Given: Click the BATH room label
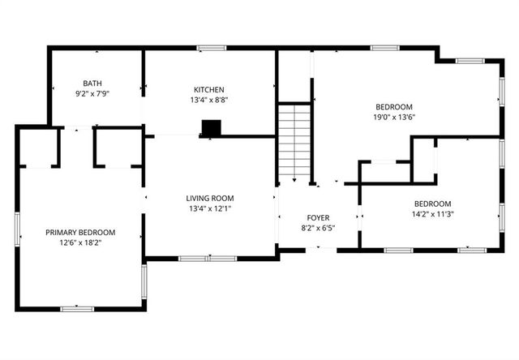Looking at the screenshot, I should click(x=92, y=84).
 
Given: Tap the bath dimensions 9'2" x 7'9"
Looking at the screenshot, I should click(x=92, y=94).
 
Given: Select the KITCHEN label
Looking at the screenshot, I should click(x=208, y=90).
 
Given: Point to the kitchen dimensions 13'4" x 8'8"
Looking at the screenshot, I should click(x=208, y=101).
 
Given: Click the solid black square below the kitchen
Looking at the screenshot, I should click(x=211, y=128).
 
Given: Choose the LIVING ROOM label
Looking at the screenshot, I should click(x=209, y=198).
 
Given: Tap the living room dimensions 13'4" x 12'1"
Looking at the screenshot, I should click(x=209, y=208).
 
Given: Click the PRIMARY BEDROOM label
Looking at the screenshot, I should click(x=79, y=233).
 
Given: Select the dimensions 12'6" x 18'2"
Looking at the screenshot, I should click(x=79, y=243).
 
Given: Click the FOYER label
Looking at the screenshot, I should click(x=317, y=218).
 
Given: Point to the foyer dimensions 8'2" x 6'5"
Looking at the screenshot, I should click(x=317, y=229).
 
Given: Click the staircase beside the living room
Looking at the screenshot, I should click(x=295, y=144).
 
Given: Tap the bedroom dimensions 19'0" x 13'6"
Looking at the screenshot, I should click(x=394, y=117).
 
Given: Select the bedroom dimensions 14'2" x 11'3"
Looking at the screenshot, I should click(x=432, y=214).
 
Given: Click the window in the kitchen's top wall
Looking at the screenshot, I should click(x=212, y=49).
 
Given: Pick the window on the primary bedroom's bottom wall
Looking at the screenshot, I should click(x=78, y=308).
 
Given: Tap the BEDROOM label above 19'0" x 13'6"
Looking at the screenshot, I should click(x=394, y=107).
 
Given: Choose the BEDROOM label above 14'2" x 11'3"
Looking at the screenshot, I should click(x=432, y=204).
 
